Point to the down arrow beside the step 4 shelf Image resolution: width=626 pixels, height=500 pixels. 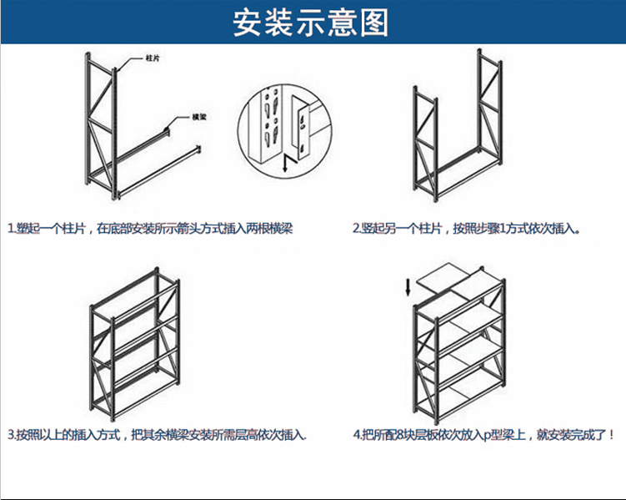(408, 287)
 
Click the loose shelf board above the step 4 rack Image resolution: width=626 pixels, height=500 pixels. (450, 280)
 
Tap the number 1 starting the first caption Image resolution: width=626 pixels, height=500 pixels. (11, 228)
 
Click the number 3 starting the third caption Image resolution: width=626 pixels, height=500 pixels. (11, 435)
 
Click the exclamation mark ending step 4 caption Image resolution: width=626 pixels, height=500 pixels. (613, 435)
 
